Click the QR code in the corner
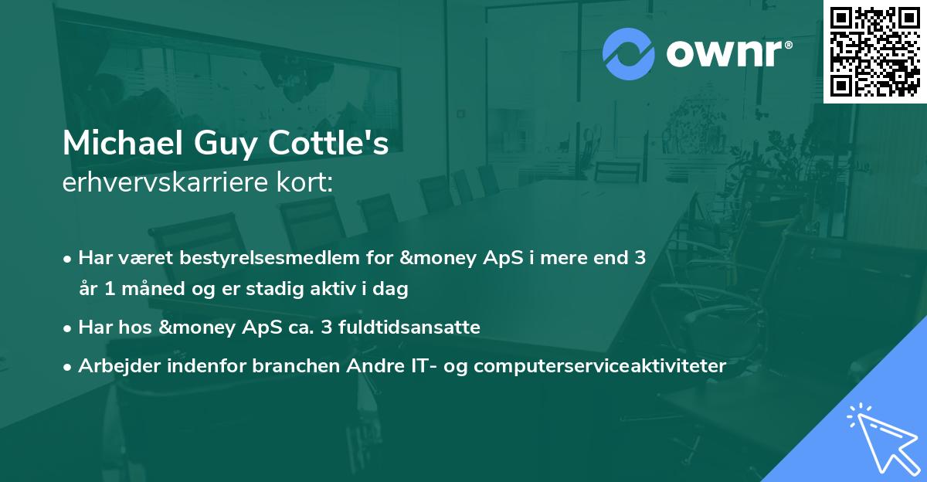point(874,51)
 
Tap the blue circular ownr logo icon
point(629,54)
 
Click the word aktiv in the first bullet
point(340,290)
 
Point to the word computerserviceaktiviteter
point(600,366)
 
